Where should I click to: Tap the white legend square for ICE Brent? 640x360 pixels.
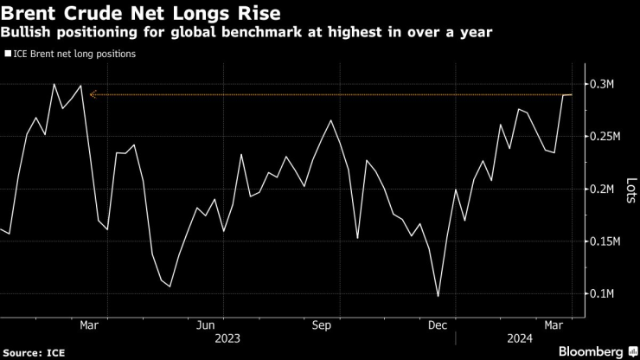(8, 54)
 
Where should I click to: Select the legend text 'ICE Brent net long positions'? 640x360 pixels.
(74, 54)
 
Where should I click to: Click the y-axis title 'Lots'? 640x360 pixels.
(630, 189)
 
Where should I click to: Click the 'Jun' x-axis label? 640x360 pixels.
(206, 325)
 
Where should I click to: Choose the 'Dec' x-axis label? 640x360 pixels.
(438, 325)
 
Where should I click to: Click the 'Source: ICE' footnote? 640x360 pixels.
(34, 351)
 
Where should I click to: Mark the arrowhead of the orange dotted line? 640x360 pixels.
(92, 94)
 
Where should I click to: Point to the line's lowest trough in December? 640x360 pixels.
(438, 296)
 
